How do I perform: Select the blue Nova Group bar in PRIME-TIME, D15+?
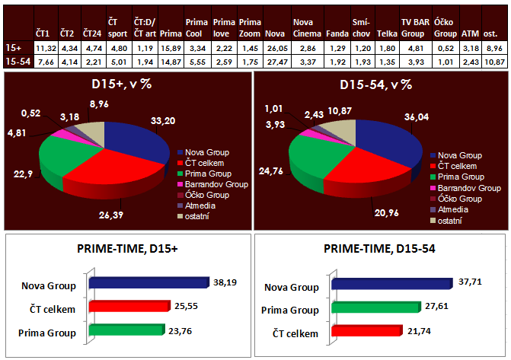[x=149, y=282]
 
